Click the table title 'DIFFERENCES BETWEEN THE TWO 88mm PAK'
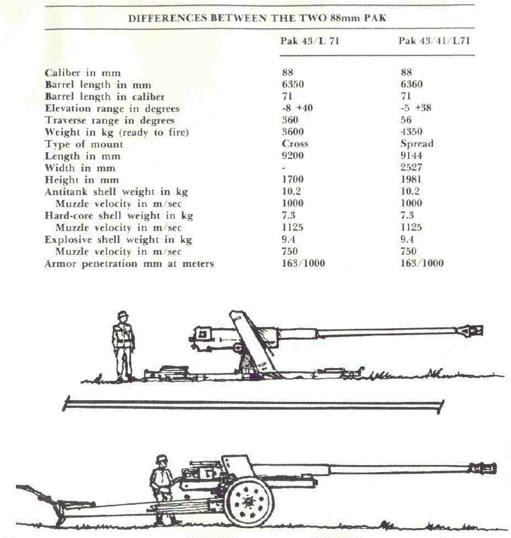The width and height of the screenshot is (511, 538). [257, 17]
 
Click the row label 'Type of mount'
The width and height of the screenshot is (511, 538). [84, 144]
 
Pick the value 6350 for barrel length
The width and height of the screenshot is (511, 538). [293, 85]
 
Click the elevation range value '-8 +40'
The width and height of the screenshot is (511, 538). [297, 108]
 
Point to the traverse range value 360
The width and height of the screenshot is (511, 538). [290, 120]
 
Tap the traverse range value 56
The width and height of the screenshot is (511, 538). [406, 120]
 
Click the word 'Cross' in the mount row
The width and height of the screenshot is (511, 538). [295, 144]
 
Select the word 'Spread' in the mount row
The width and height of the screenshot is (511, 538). [417, 144]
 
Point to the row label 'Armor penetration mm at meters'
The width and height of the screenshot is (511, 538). [129, 264]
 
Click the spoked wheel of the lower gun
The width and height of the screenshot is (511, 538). [249, 502]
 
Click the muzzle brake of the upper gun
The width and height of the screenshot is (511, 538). [471, 331]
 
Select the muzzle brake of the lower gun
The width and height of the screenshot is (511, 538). [482, 468]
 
